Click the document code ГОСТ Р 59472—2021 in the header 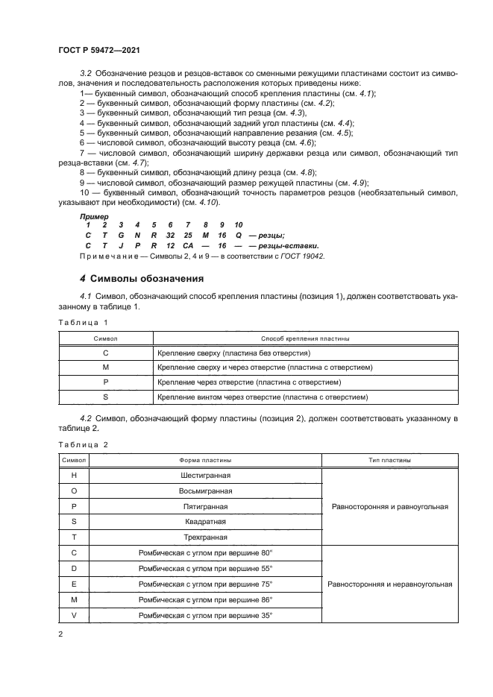tap(100, 49)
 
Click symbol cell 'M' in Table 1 tap(105, 368)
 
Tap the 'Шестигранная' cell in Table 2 tap(205, 475)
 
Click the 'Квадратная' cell tap(205, 522)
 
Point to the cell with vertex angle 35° tap(205, 615)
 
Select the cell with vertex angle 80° tap(205, 553)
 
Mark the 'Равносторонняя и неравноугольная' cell tap(389, 584)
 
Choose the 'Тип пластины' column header tap(388, 460)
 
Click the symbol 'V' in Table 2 tap(74, 615)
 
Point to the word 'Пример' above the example tap(94, 216)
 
